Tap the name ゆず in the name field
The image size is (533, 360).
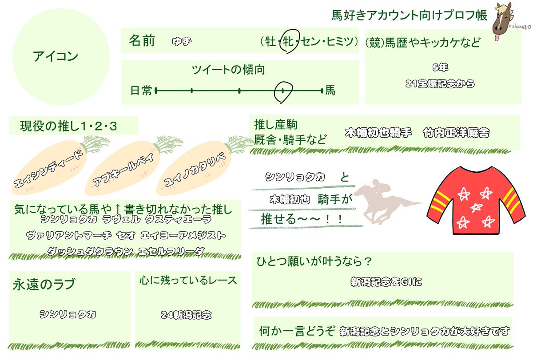click(182, 42)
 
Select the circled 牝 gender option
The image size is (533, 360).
click(289, 41)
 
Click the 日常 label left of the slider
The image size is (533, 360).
click(141, 91)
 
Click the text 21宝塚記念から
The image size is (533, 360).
click(440, 84)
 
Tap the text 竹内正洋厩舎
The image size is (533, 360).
click(456, 132)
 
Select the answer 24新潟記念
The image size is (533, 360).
click(186, 315)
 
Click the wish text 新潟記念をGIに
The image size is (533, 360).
click(386, 282)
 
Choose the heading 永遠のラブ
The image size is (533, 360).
click(44, 284)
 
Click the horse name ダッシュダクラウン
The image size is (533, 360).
click(90, 251)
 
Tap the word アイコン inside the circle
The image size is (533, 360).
click(56, 56)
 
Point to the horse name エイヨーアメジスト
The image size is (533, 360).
click(183, 235)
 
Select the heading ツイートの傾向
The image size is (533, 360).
click(228, 70)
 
